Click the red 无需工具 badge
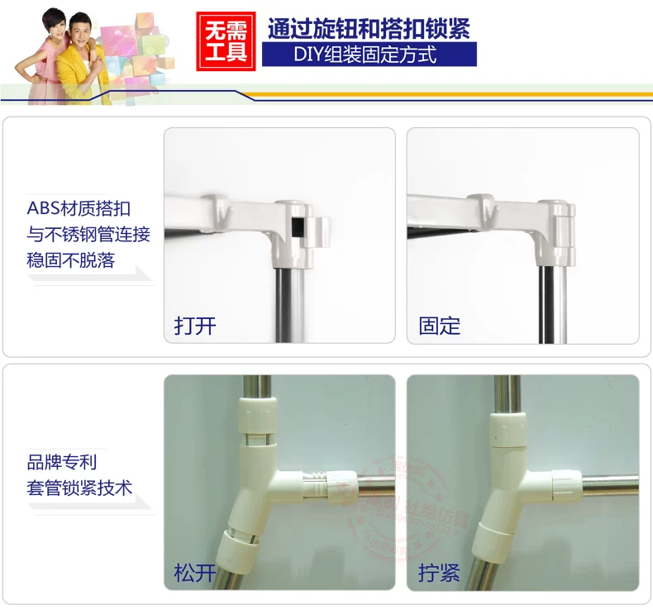[225, 39]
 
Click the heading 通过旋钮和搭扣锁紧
[369, 29]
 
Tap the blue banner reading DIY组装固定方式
[369, 55]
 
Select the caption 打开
[195, 325]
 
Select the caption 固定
[439, 325]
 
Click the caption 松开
[195, 572]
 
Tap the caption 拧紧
[439, 572]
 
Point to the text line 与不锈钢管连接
[88, 235]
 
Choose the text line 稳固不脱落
[70, 261]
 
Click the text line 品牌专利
[61, 461]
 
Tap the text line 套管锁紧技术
[79, 488]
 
